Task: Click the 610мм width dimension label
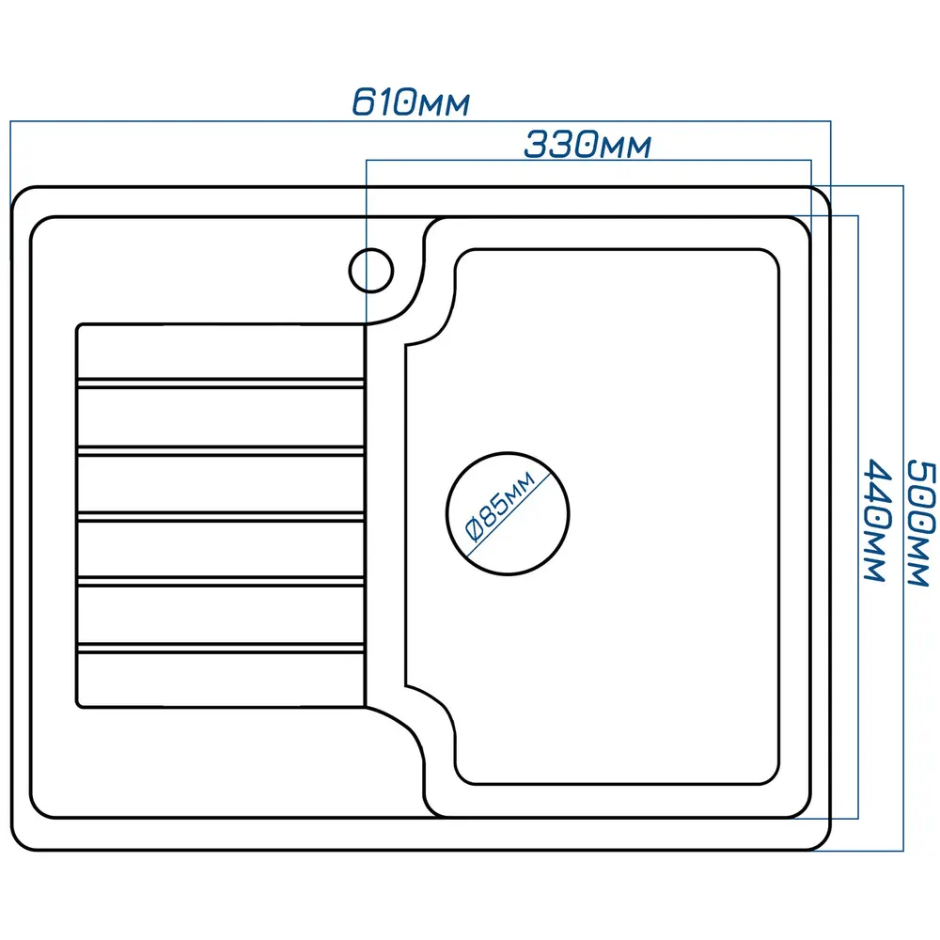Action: coord(410,102)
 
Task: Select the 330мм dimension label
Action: coord(587,145)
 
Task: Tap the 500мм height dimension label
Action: coord(920,523)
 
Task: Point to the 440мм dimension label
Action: coord(875,520)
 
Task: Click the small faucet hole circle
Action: coord(370,271)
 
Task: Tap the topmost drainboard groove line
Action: coord(220,383)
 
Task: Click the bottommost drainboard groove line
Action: coord(220,648)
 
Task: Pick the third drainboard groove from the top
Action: coord(220,516)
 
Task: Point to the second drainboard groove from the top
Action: coord(220,450)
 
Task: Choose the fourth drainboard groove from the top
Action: coord(220,582)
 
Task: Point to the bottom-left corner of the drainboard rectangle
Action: coord(79,704)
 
